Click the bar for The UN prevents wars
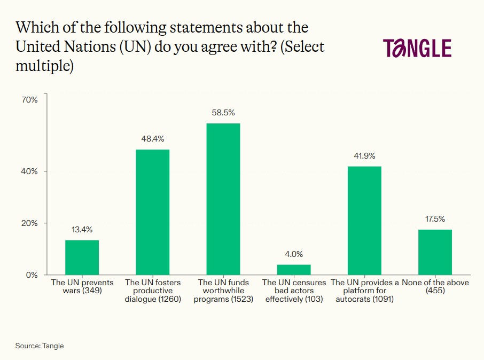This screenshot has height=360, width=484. click(82, 257)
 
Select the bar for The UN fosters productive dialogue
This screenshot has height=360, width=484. click(152, 212)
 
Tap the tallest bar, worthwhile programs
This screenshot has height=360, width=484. click(223, 199)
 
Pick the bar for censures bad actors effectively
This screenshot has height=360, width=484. click(294, 270)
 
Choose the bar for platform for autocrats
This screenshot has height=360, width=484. click(364, 221)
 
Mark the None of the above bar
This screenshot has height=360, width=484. click(435, 252)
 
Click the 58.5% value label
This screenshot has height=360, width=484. click(223, 113)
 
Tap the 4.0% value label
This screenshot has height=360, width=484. click(294, 254)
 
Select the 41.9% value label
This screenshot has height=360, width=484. click(364, 156)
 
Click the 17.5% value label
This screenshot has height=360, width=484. click(435, 219)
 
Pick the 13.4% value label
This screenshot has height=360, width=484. click(82, 230)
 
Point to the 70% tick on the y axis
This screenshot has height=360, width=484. click(30, 99)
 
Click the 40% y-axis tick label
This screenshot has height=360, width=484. click(30, 171)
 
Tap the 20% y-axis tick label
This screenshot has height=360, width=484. click(30, 223)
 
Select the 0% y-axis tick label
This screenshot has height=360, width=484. click(32, 275)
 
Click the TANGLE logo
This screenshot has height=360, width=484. click(417, 48)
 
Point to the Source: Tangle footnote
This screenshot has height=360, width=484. click(40, 346)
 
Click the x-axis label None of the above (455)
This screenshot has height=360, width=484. click(435, 286)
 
